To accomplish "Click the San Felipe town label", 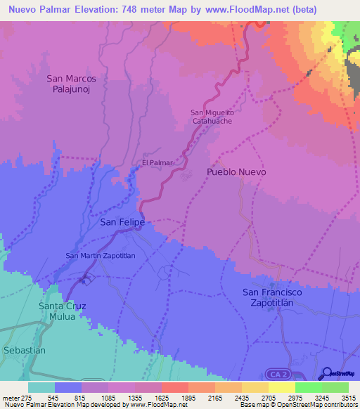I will (x=122, y=222).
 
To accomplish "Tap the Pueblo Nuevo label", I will (x=236, y=171).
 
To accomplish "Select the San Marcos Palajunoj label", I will (x=71, y=84).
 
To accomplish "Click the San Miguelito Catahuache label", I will (x=212, y=117).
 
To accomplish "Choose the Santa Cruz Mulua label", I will (x=64, y=311).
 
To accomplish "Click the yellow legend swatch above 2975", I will (x=281, y=387).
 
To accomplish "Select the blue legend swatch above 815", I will (x=67, y=387).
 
